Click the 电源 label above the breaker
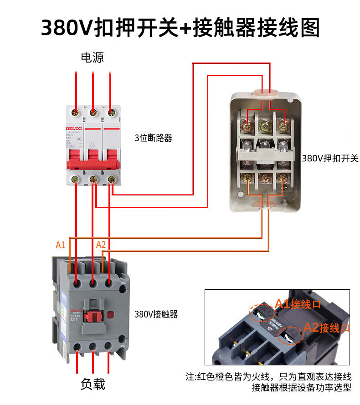pos(93,58)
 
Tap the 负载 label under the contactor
pos(93,384)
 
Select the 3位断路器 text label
pos(154,138)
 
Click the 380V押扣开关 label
pos(330,159)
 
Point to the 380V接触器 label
pos(156,314)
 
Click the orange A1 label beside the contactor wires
pos(61,245)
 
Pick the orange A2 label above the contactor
pos(101,245)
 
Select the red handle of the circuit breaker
pos(93,164)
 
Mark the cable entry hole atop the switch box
pos(266,93)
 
